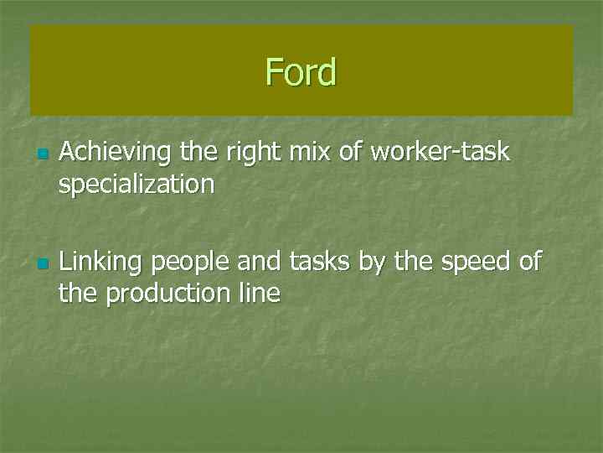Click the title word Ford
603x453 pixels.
[301, 72]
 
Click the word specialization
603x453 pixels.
[137, 184]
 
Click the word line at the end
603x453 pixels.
[260, 293]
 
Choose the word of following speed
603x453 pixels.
[529, 262]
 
